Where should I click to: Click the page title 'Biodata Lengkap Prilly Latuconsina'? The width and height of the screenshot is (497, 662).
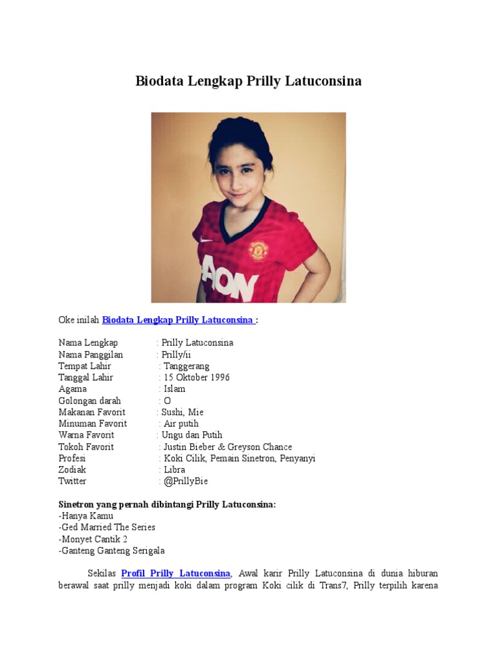coord(248,81)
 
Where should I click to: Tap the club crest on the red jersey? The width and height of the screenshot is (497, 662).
coord(258,249)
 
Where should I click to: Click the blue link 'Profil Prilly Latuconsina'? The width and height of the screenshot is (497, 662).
coord(175,573)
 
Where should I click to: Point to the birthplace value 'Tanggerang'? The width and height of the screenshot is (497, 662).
coord(186,366)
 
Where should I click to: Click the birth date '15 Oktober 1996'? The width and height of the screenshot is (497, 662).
coord(197,378)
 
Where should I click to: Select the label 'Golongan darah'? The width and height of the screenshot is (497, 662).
coord(89,401)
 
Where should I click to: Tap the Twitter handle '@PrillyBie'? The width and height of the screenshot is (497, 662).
coord(186,482)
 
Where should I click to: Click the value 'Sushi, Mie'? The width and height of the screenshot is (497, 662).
coord(182,412)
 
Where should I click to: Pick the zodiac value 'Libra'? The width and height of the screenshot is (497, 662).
coord(175,470)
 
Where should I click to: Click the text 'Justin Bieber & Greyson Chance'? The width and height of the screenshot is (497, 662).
coord(228,447)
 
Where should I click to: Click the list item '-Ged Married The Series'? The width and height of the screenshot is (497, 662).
coord(107,528)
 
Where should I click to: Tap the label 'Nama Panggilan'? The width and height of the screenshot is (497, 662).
coord(91,354)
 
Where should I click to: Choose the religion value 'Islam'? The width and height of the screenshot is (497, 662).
coord(175,389)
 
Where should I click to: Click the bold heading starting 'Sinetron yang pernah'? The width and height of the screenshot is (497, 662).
coord(167,504)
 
